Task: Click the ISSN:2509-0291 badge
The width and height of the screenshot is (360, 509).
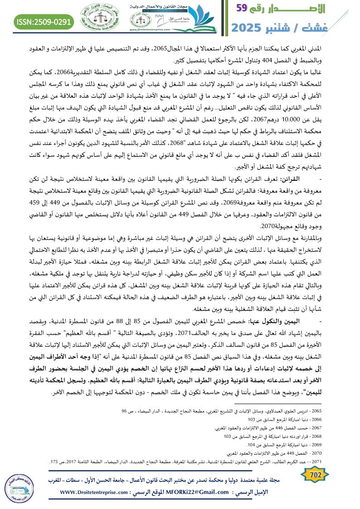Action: point(44,21)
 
